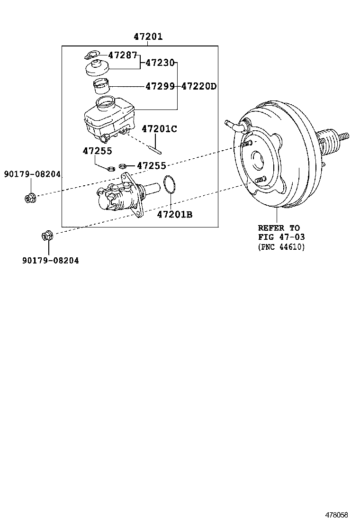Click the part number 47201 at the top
(148, 36)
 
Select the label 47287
(123, 55)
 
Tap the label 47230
(160, 63)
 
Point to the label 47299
(160, 86)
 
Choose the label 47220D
(199, 86)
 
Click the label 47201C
(160, 129)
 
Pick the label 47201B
(175, 214)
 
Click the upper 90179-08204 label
(32, 174)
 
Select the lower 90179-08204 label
(50, 260)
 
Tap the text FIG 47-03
(281, 237)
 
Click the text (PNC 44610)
(281, 247)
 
